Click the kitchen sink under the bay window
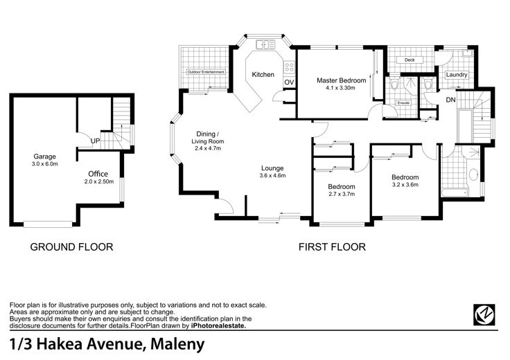[x=265, y=44]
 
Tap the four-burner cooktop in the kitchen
[x=289, y=68]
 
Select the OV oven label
[x=289, y=82]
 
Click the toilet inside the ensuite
[x=394, y=84]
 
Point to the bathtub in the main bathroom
[x=455, y=192]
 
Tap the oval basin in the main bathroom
[x=473, y=174]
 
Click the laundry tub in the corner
[x=468, y=53]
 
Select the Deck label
[x=410, y=60]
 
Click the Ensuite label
[x=403, y=103]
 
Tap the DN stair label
[x=450, y=100]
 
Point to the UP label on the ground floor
[x=96, y=141]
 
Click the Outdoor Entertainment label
[x=206, y=72]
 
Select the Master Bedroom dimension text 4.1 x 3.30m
[x=340, y=88]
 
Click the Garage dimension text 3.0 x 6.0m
[x=44, y=164]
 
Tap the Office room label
[x=98, y=174]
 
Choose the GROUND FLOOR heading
[x=71, y=247]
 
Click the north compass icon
[x=484, y=314]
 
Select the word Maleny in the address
[x=177, y=344]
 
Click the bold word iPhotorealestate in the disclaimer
[x=218, y=326]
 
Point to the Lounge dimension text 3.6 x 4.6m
[x=272, y=176]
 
